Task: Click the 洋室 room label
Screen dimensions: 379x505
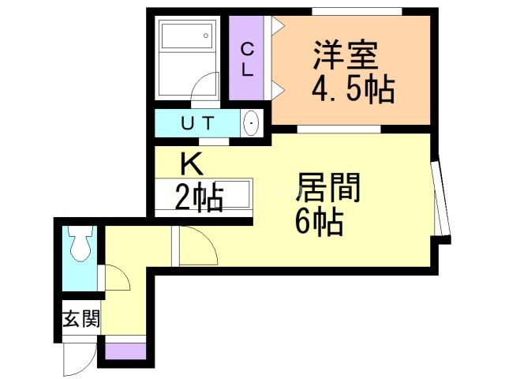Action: click(x=346, y=54)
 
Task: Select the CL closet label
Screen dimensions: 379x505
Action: click(x=247, y=58)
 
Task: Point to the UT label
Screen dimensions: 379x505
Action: click(x=196, y=124)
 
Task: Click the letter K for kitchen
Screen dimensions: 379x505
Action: click(x=192, y=164)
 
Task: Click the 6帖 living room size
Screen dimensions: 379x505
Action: click(x=319, y=223)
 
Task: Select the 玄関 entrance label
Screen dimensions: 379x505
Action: click(x=81, y=320)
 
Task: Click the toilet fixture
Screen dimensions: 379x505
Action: click(x=80, y=246)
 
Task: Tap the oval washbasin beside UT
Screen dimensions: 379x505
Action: click(x=251, y=124)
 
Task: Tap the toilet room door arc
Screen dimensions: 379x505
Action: click(x=114, y=278)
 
